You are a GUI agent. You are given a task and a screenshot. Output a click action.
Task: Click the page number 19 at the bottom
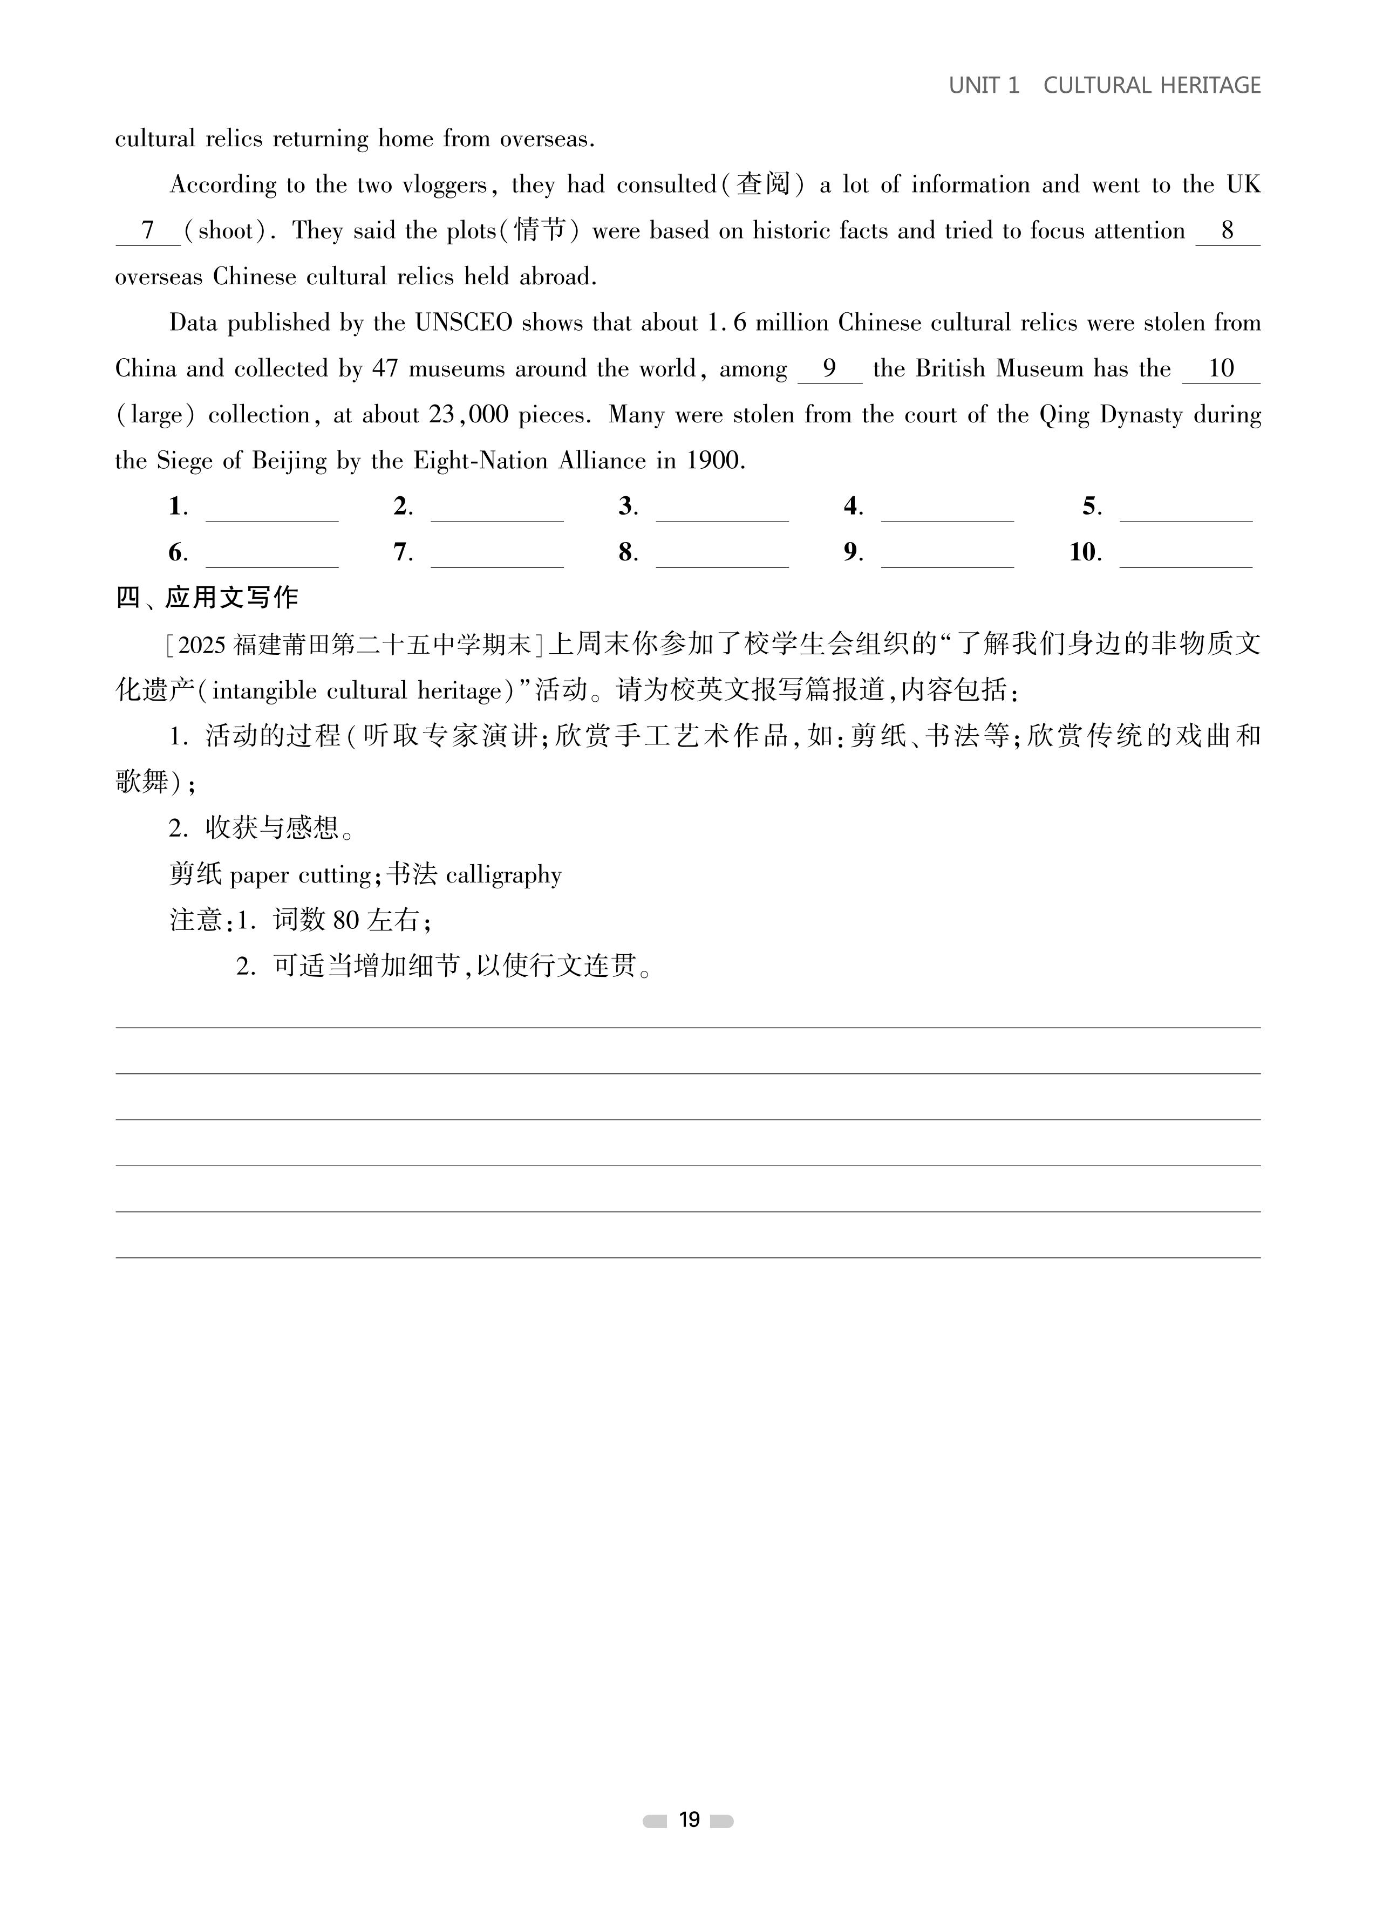tap(689, 1820)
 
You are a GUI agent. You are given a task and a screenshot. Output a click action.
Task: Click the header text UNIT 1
tap(984, 85)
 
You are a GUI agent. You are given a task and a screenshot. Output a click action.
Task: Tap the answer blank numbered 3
tap(721, 510)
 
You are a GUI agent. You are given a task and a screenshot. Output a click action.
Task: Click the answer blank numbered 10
tap(1185, 556)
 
